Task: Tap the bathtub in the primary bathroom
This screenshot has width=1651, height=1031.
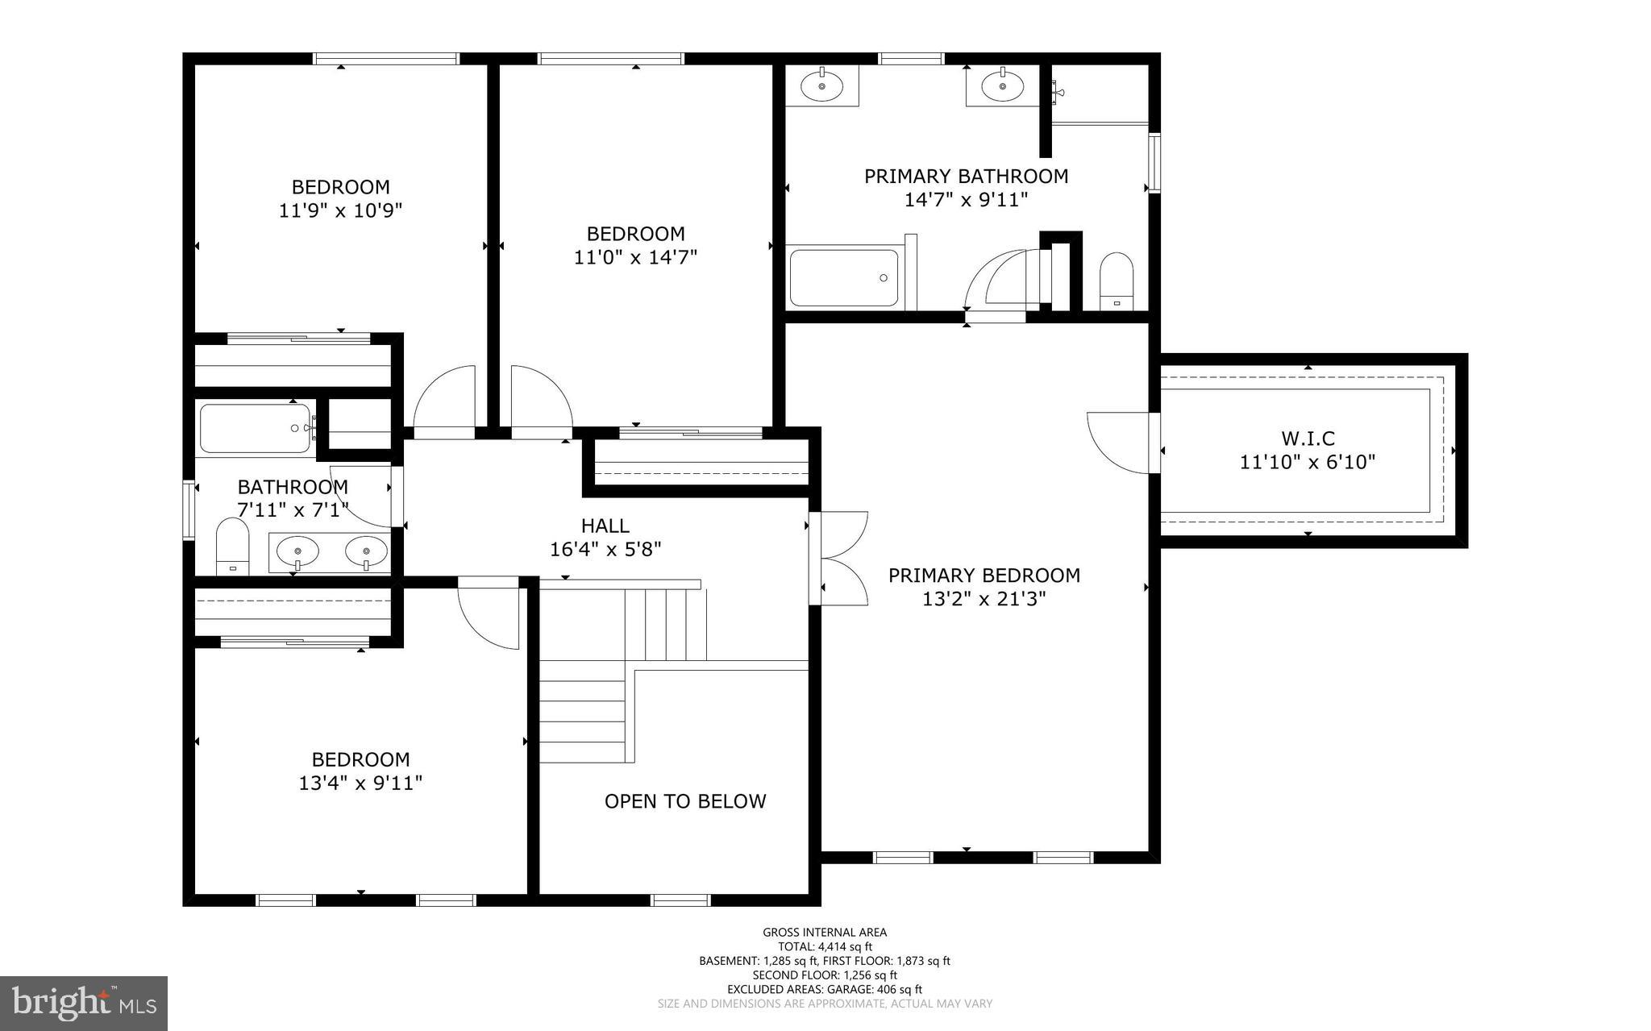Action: tap(843, 278)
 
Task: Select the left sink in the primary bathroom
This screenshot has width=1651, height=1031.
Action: tap(821, 85)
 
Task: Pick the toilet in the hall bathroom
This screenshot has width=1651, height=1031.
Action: tap(232, 546)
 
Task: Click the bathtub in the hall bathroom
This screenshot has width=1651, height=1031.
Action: tap(255, 429)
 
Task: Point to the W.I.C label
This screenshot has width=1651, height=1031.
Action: tap(1308, 439)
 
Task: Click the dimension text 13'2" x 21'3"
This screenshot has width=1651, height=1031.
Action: tap(984, 599)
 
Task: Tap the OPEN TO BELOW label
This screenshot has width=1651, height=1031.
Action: tap(685, 801)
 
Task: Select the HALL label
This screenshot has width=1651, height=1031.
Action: tap(605, 526)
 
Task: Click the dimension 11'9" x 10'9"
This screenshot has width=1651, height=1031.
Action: tap(340, 211)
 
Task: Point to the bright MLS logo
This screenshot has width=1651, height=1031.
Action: tap(84, 1003)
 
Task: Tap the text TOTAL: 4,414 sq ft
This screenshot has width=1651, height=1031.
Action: tap(825, 947)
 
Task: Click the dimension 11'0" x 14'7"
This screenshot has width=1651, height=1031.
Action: tap(635, 258)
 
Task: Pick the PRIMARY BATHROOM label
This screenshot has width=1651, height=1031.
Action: tap(966, 177)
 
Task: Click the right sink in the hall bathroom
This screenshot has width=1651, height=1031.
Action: tap(366, 552)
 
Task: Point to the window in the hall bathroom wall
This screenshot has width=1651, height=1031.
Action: tap(189, 509)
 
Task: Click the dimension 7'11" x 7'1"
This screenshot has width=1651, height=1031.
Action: tap(293, 510)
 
